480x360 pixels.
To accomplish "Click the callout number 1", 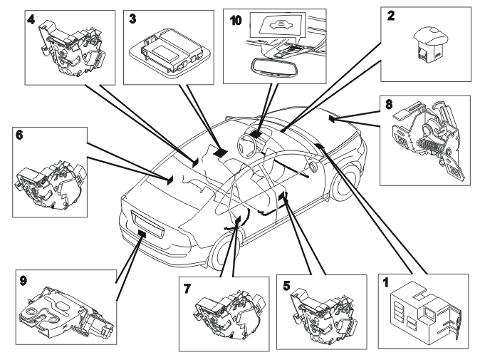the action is coord(385,282).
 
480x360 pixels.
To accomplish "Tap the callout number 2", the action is coord(391,16).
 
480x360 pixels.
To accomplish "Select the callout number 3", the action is coord(132,19).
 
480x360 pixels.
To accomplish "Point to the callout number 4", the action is coord(31,19).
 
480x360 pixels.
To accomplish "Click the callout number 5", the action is coord(286,286).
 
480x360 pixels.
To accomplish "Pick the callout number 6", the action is coord(19,135).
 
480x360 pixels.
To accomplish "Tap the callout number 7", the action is coord(187,288).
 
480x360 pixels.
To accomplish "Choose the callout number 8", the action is coord(389,105).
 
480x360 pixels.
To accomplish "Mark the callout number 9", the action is coord(24,281).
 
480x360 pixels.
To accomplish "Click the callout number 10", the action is coord(236,21).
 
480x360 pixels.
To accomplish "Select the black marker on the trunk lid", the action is coord(142,233).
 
